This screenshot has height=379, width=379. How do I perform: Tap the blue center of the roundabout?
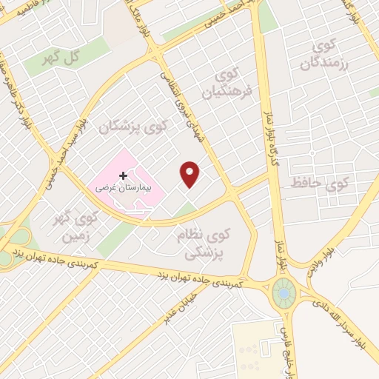(x=283, y=294)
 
